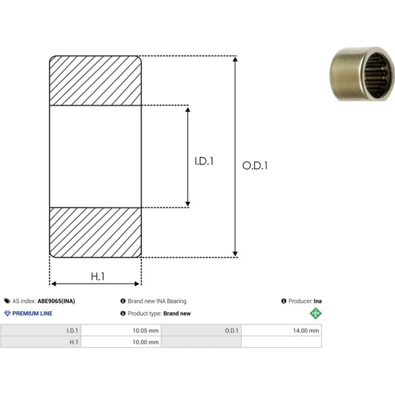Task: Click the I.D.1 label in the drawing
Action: (x=204, y=161)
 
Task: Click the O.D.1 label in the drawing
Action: (x=255, y=166)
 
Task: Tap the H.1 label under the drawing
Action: (x=98, y=276)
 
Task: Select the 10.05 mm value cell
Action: (x=121, y=330)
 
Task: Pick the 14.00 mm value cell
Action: (x=281, y=330)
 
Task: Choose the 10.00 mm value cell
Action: (x=121, y=342)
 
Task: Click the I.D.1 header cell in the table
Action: (x=41, y=330)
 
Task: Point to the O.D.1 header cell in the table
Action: (x=201, y=330)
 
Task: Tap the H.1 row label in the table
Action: (x=41, y=342)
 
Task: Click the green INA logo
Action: (x=316, y=313)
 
